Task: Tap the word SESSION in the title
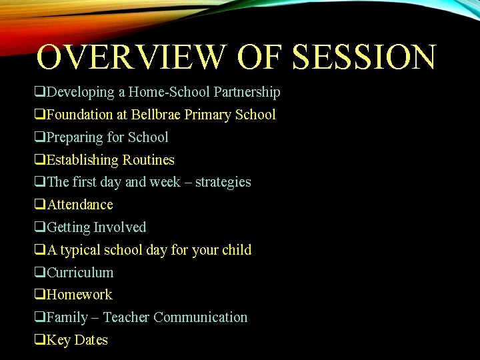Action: coord(364,57)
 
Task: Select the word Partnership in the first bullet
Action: coord(247,92)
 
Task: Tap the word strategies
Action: coord(223,182)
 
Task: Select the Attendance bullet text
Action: coord(80,205)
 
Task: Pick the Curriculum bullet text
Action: coord(80,273)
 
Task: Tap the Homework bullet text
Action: coord(79,295)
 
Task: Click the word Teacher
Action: coord(126,317)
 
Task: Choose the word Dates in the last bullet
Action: coord(91,340)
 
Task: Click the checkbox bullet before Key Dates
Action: coord(40,340)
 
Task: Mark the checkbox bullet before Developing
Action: coord(40,92)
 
